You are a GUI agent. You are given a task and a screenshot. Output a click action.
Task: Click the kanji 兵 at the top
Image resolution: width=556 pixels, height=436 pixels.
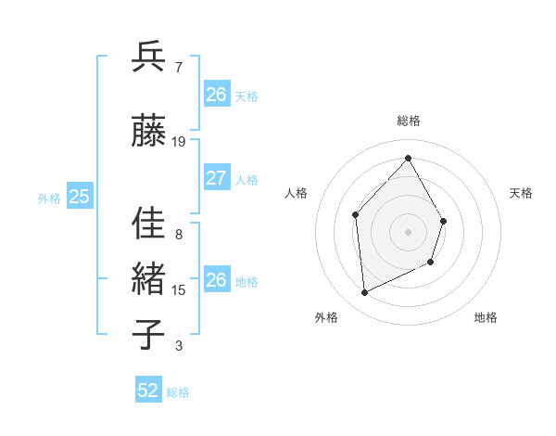coord(149,58)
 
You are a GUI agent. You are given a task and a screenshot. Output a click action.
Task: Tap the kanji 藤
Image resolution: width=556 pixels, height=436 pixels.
coord(149,133)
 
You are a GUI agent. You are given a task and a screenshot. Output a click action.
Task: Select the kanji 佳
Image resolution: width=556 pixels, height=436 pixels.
coord(149,224)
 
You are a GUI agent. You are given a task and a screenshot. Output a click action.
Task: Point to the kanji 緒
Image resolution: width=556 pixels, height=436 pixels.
coord(149,279)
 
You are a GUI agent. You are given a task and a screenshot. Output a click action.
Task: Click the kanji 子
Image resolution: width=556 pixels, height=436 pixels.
coord(149,334)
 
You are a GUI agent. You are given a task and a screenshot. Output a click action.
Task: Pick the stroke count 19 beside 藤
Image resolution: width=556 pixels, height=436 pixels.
coord(179,142)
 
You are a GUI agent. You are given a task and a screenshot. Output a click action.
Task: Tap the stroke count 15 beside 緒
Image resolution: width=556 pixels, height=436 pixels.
coord(179,290)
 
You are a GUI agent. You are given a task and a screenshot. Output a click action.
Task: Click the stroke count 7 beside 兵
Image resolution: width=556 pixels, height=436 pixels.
coord(178,68)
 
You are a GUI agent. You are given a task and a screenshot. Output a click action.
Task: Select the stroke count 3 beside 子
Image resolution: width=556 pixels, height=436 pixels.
coord(178,346)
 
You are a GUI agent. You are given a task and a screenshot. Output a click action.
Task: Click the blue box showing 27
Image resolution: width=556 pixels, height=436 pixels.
coord(216,178)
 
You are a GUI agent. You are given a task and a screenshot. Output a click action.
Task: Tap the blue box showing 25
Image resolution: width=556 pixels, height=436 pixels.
coord(80,196)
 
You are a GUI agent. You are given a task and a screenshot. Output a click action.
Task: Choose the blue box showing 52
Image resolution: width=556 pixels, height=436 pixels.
coord(148,391)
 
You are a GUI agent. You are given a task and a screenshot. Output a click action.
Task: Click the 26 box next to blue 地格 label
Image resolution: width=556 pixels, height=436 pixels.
coord(216,280)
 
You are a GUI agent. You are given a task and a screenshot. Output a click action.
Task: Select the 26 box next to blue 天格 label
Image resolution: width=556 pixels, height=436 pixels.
coord(216,95)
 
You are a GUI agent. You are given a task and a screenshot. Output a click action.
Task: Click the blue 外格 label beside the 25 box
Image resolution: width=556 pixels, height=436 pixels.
coord(49,198)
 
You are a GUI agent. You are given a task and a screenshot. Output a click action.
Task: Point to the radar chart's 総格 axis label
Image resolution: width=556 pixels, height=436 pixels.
coord(408,121)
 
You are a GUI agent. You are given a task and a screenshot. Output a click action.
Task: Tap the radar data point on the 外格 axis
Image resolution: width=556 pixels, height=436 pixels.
coord(364,293)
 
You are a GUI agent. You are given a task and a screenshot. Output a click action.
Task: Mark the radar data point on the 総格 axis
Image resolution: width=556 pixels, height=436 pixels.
coord(408,158)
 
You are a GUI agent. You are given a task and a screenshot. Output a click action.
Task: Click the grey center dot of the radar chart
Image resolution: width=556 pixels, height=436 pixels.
coord(408,231)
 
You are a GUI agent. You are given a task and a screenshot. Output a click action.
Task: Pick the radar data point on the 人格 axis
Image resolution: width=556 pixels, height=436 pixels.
coord(356,215)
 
